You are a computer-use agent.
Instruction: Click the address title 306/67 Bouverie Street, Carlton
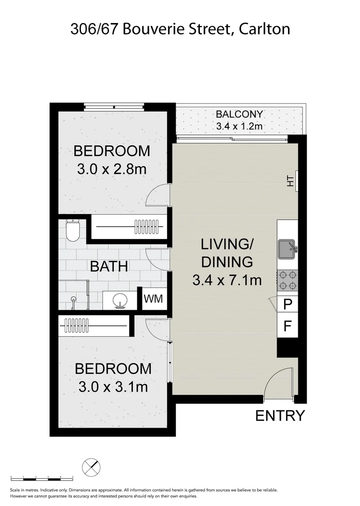(x=180, y=29)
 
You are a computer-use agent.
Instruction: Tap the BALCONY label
(x=239, y=114)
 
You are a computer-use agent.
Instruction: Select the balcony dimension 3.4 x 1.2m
(x=239, y=126)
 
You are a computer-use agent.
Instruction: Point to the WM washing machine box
(x=154, y=299)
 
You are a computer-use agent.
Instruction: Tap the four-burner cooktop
(x=287, y=280)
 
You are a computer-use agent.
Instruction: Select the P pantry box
(x=288, y=305)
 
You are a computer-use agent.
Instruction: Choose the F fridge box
(x=288, y=325)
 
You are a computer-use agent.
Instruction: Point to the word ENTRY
(x=280, y=416)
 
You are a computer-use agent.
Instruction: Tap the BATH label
(x=109, y=267)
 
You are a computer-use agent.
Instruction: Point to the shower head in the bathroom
(x=73, y=298)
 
